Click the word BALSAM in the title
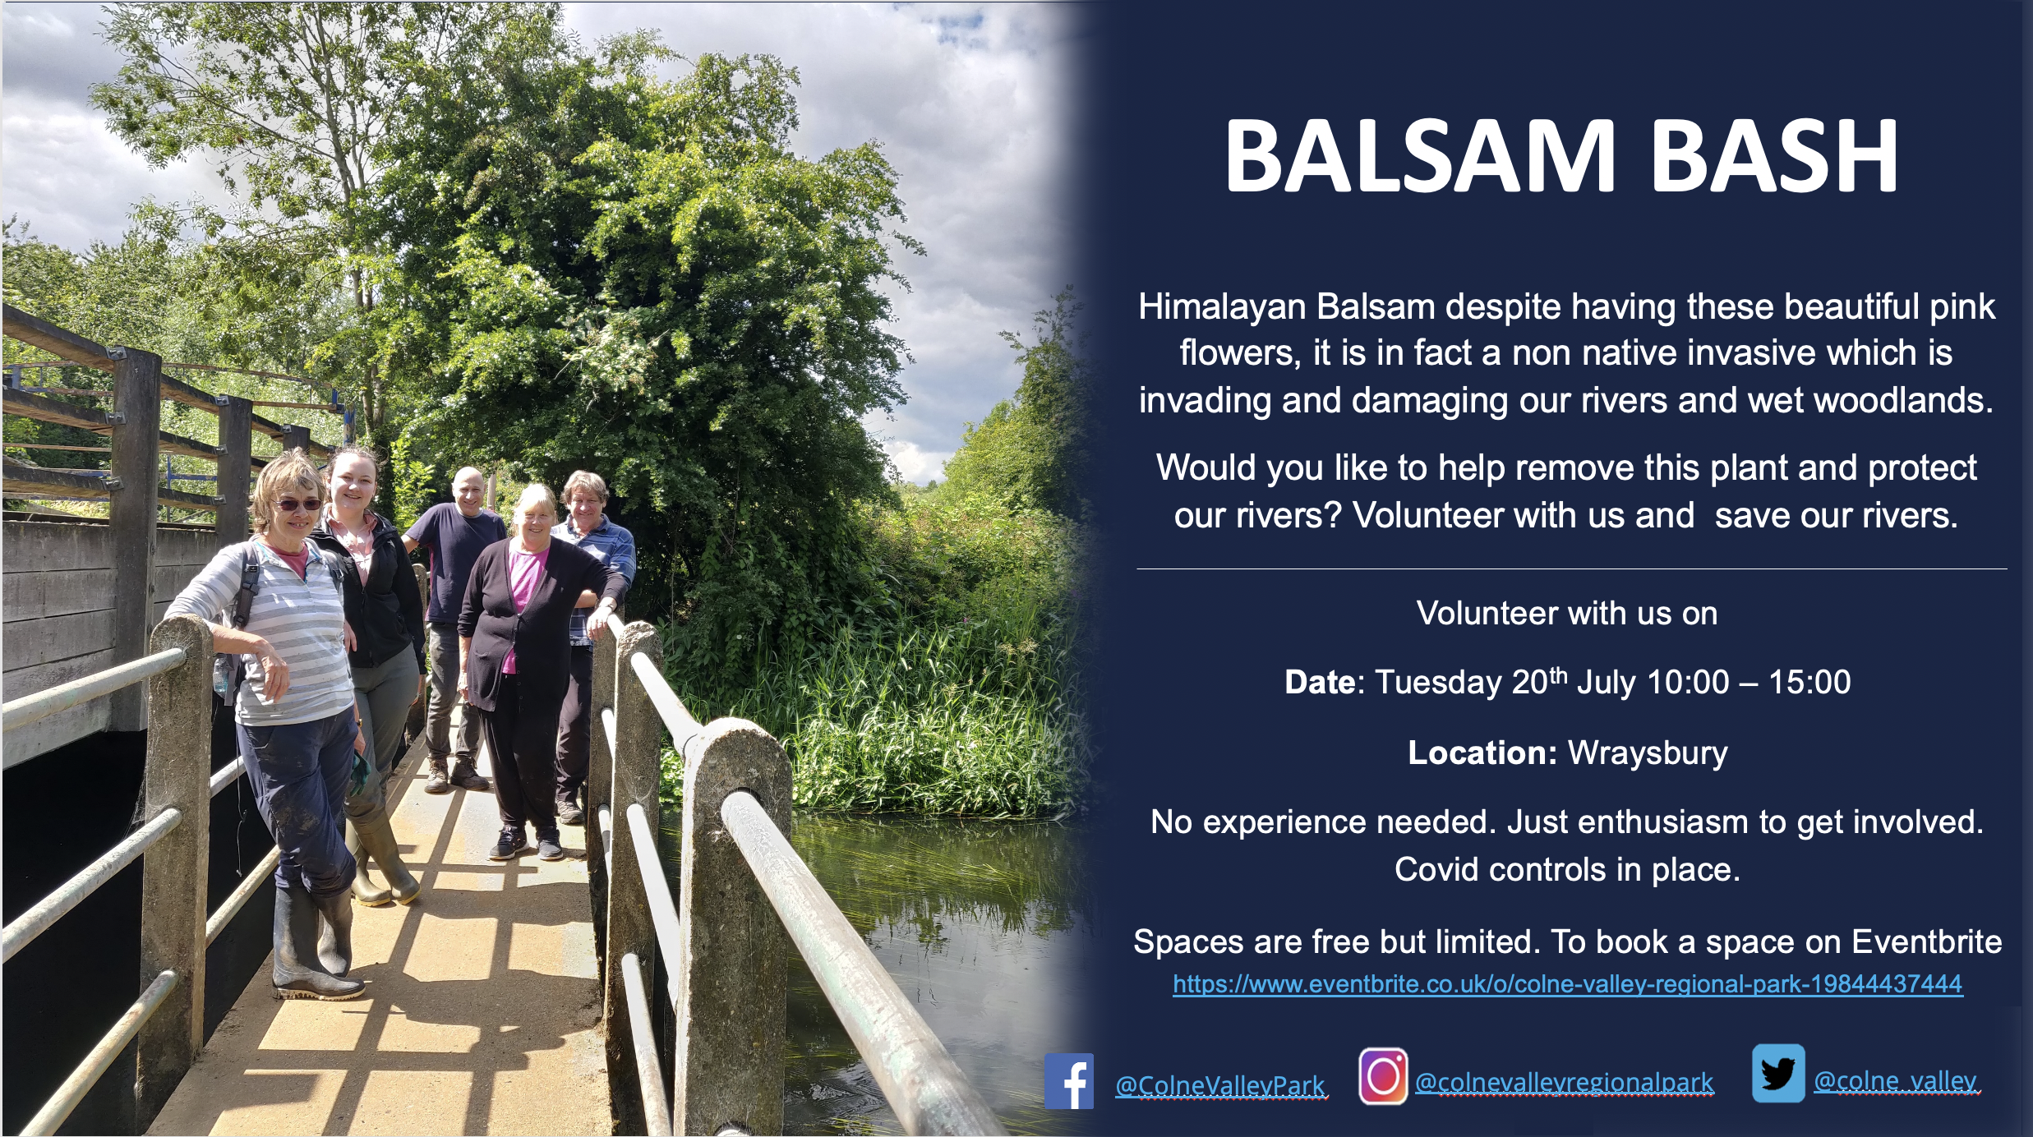[1421, 156]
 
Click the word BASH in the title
[1774, 156]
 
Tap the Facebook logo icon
[1069, 1081]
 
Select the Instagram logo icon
[1383, 1076]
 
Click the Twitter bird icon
[1778, 1073]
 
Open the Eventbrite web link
[1567, 984]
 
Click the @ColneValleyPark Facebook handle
[1220, 1085]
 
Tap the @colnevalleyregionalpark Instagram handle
[1564, 1082]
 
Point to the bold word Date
[1320, 682]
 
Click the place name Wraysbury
[1648, 753]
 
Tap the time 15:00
[1809, 682]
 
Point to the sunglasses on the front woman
[297, 504]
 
